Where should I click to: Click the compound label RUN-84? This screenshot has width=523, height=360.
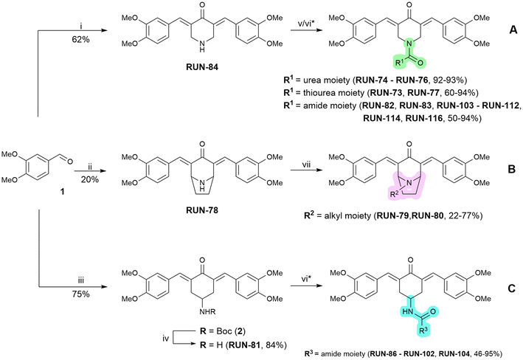(202, 67)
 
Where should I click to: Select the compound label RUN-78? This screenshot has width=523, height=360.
(202, 210)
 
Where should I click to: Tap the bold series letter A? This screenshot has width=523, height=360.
(513, 30)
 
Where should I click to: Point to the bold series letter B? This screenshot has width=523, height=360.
(512, 169)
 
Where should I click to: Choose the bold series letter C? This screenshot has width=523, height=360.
(512, 288)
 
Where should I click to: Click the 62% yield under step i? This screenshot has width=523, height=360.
(80, 39)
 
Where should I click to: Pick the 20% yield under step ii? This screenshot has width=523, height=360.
(90, 180)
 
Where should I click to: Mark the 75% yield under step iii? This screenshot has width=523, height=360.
(80, 294)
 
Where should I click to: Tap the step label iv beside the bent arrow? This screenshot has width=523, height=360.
(166, 339)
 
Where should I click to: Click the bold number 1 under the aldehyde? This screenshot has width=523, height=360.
(62, 192)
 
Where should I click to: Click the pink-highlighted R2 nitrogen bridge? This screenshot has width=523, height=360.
(408, 185)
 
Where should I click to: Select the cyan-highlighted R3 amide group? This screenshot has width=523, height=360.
(418, 319)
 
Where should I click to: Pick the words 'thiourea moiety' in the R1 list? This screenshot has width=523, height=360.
(339, 93)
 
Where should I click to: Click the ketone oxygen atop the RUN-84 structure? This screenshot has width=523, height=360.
(202, 6)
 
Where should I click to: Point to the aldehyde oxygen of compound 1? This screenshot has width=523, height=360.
(70, 162)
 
